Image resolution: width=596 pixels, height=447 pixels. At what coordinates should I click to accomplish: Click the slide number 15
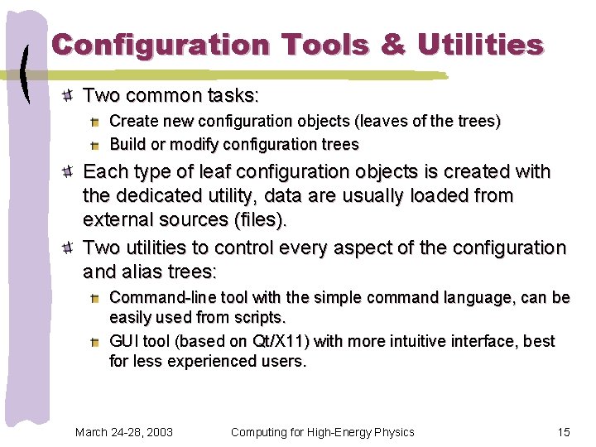564,431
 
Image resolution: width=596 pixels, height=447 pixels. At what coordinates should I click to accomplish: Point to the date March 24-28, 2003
123,431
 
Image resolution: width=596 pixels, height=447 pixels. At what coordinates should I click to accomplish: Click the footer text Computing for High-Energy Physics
322,431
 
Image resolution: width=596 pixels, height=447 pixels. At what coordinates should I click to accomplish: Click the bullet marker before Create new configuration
96,122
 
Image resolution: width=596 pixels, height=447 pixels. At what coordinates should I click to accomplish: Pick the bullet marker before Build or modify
96,145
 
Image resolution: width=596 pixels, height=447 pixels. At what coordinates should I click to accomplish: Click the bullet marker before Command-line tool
96,298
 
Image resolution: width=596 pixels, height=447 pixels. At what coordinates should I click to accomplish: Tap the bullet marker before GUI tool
96,342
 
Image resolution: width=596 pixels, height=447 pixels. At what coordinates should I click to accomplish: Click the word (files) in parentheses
260,221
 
